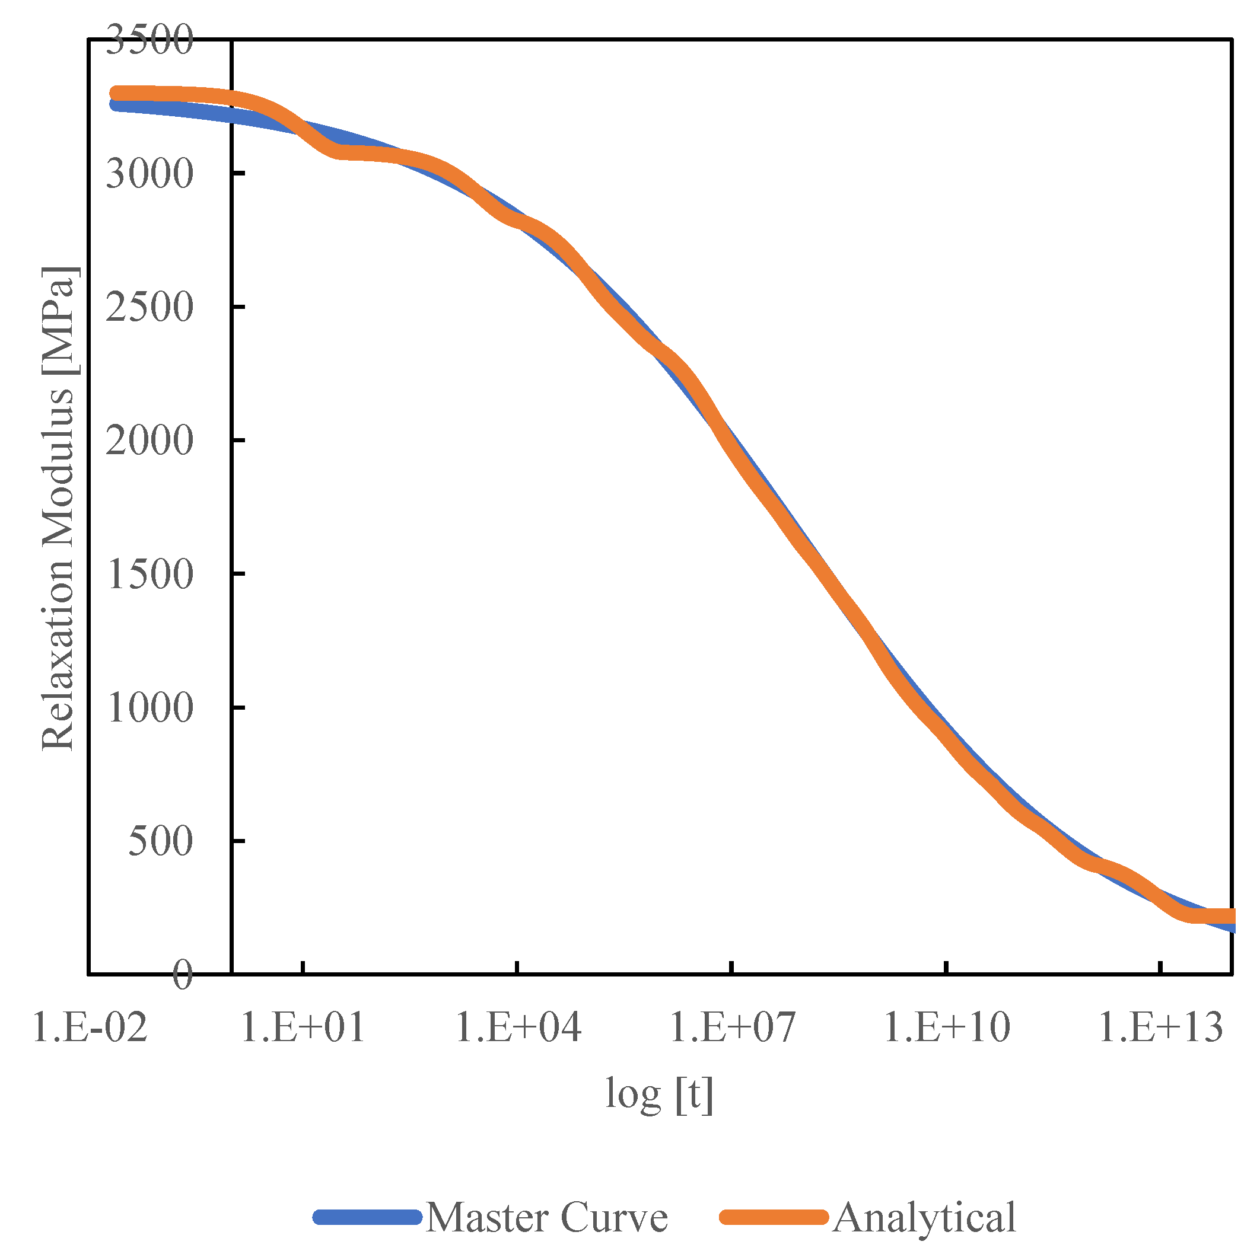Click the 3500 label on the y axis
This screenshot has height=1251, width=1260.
pyautogui.click(x=149, y=40)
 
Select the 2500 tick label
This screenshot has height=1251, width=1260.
pyautogui.click(x=149, y=307)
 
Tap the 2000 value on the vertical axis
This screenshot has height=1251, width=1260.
pyautogui.click(x=149, y=441)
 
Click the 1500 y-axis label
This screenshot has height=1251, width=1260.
pyautogui.click(x=149, y=575)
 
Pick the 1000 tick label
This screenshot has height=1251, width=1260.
pyautogui.click(x=149, y=708)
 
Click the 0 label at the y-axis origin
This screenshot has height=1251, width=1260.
pyautogui.click(x=183, y=976)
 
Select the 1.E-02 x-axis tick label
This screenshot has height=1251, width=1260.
pyautogui.click(x=90, y=1028)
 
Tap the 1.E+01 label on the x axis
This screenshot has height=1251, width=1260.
pyautogui.click(x=303, y=1028)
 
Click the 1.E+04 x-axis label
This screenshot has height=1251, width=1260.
pyautogui.click(x=518, y=1028)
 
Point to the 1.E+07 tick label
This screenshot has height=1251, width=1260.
pyautogui.click(x=733, y=1028)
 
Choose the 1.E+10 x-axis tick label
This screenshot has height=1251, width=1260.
pyautogui.click(x=947, y=1028)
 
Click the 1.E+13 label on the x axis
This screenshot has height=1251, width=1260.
pyautogui.click(x=1161, y=1028)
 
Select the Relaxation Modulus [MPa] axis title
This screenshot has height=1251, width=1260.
pyautogui.click(x=58, y=509)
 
